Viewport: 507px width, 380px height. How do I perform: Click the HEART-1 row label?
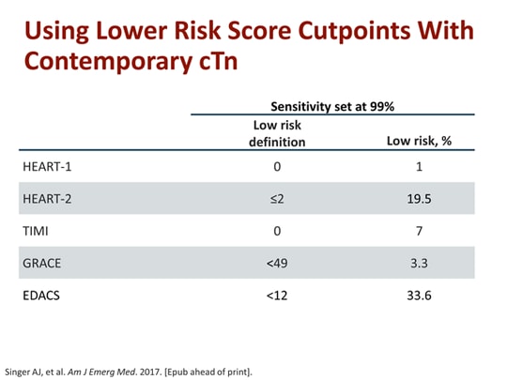click(x=48, y=167)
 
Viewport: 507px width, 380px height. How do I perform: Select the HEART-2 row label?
click(x=48, y=199)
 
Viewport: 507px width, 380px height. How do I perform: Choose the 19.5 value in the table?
click(x=419, y=199)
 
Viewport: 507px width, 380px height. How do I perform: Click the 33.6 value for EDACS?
click(x=419, y=295)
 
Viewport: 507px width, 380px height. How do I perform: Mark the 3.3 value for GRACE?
click(x=419, y=263)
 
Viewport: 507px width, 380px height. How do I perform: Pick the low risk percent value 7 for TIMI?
click(x=419, y=231)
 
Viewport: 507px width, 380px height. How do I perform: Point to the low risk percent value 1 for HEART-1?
click(x=419, y=167)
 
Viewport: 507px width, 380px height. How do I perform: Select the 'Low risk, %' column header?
click(x=419, y=142)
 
